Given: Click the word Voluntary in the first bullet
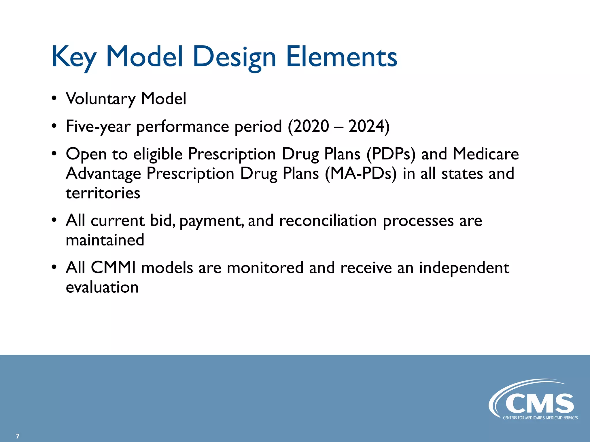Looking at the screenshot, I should [x=100, y=99].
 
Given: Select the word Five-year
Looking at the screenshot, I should [x=98, y=126].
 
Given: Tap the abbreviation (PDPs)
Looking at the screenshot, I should [x=391, y=154].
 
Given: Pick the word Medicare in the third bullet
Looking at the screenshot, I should [x=486, y=154].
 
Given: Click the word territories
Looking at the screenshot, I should [x=103, y=193].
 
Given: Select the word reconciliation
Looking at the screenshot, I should [x=328, y=221].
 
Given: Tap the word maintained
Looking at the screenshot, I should [x=105, y=240].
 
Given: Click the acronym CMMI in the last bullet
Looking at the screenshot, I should [x=113, y=268].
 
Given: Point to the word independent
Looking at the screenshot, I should [x=464, y=268].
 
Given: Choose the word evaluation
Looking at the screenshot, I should [x=102, y=287].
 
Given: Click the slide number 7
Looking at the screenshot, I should [x=18, y=436].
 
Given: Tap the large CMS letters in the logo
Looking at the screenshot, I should [x=539, y=403].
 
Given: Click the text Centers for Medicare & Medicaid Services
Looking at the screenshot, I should [x=540, y=418].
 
